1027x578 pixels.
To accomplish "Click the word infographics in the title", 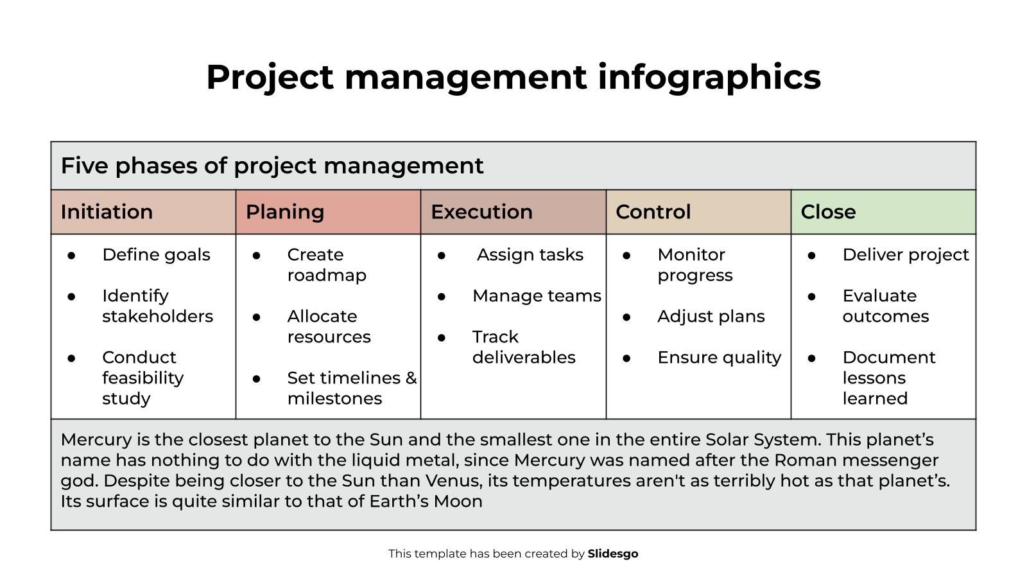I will tap(709, 78).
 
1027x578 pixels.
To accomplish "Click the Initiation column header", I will tap(107, 212).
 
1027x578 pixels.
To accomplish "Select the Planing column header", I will tap(284, 212).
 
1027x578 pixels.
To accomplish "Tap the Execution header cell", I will tap(481, 212).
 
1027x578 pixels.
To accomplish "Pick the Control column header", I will tap(653, 212).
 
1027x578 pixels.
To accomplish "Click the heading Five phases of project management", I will tap(272, 166).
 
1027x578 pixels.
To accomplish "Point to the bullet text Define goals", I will tap(156, 255).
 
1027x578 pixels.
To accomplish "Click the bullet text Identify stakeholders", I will tap(157, 306).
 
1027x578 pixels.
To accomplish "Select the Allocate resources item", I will tap(329, 326).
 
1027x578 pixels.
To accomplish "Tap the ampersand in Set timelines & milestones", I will tap(411, 378).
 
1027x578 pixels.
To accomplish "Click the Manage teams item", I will tap(537, 296).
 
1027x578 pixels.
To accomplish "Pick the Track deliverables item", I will tap(523, 347).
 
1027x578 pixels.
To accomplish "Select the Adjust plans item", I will tap(711, 317).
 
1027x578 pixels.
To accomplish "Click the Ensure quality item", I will tap(719, 358).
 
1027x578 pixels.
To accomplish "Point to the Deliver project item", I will tap(905, 255).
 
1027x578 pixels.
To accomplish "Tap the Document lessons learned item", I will tap(888, 378).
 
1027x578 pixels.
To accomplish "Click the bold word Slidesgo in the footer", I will tap(612, 554).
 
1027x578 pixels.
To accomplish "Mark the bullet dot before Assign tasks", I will tap(442, 256).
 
